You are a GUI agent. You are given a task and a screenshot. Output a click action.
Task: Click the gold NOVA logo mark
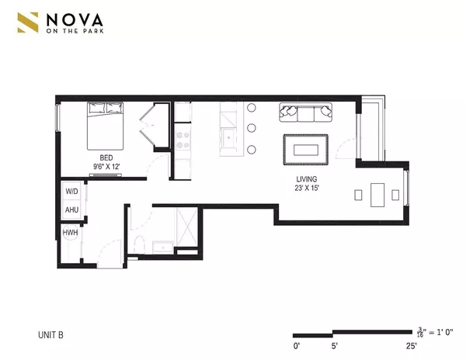pos(29,23)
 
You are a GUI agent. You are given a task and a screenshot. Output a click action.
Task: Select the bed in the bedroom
pos(105,129)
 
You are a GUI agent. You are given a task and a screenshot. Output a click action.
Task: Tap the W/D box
pos(71,191)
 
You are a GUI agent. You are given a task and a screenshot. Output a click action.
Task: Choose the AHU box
pos(71,209)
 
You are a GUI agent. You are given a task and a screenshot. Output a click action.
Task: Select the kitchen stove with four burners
pos(183,140)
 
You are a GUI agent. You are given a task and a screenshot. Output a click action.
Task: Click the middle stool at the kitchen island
pos(252,129)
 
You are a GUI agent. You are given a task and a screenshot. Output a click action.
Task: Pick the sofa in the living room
pos(304,113)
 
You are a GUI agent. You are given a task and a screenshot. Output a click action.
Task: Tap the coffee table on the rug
pos(304,147)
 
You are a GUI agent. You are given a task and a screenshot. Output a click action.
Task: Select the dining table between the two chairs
pos(378,195)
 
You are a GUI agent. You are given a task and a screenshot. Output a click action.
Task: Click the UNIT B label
pos(50,335)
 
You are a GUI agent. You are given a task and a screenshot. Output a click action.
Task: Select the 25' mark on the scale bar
pos(410,345)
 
